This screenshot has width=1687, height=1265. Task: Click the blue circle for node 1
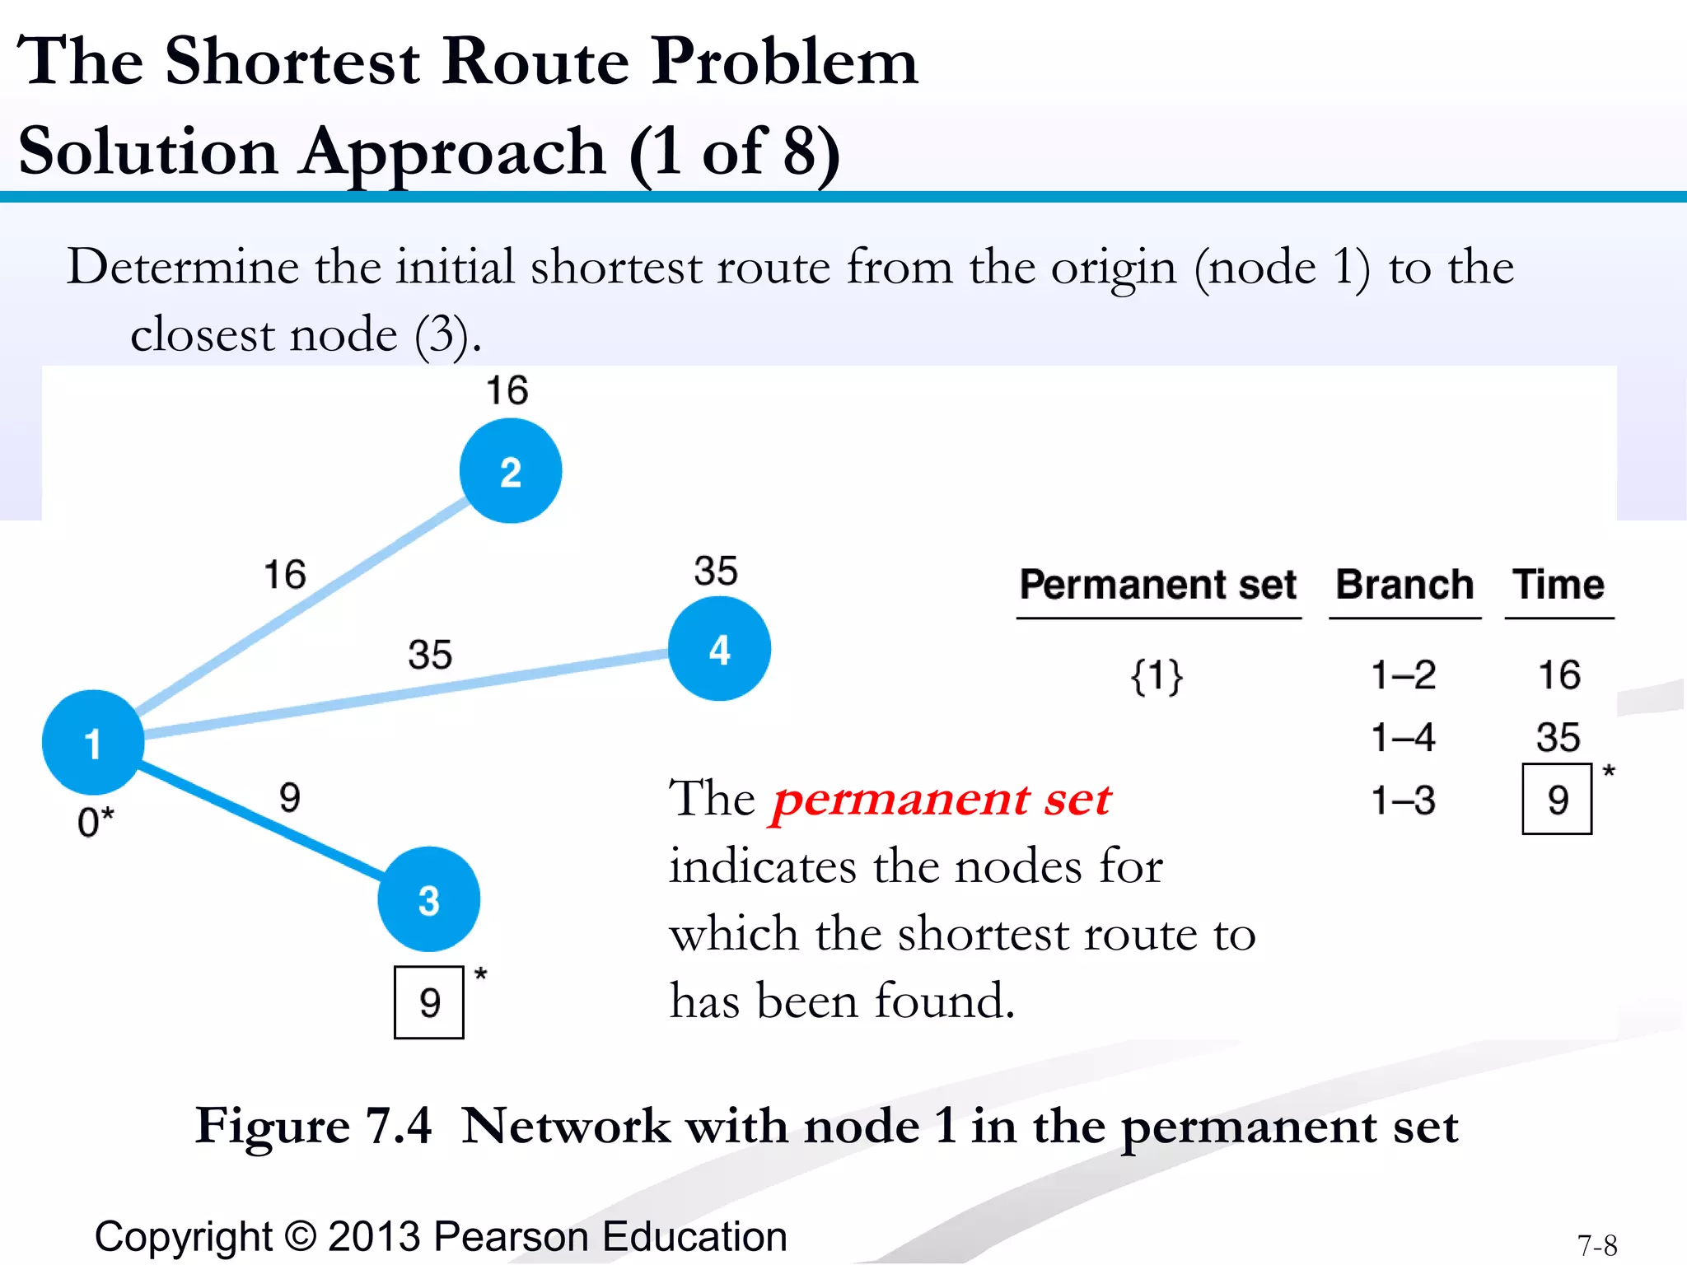click(x=93, y=742)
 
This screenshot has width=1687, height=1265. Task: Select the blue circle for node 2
click(x=511, y=471)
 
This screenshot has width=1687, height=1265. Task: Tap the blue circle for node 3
click(x=428, y=899)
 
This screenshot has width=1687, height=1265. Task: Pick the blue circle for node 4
click(x=719, y=649)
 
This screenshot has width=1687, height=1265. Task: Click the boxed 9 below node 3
click(x=429, y=1002)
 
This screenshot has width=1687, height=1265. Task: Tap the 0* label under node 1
click(x=96, y=822)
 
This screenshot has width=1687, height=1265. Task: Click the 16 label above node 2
click(x=507, y=390)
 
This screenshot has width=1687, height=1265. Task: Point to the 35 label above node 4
click(x=716, y=571)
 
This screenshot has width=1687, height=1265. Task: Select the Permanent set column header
click(x=1157, y=585)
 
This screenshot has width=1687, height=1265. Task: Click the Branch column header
click(x=1404, y=585)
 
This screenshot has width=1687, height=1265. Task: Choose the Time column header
click(x=1558, y=585)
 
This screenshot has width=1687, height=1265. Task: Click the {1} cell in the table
click(x=1157, y=676)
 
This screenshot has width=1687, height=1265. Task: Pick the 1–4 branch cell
click(x=1403, y=737)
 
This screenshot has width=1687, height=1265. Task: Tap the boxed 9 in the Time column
click(x=1557, y=799)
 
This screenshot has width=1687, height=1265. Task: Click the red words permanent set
click(x=942, y=799)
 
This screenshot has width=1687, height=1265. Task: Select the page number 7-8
click(x=1597, y=1245)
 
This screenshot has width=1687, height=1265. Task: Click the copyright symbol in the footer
click(x=301, y=1236)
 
